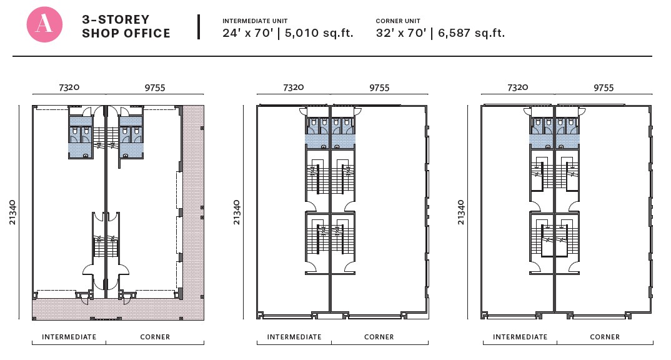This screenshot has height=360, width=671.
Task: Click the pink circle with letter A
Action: [x=44, y=24]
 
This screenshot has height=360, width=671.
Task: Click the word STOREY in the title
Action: [x=124, y=20]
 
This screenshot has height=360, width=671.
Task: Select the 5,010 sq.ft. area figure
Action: [x=319, y=33]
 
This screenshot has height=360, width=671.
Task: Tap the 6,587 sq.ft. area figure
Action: [x=471, y=33]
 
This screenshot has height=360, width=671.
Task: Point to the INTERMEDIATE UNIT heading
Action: [x=255, y=21]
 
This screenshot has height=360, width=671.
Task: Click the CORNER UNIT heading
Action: [x=398, y=21]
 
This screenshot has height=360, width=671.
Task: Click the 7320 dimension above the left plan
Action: [x=69, y=87]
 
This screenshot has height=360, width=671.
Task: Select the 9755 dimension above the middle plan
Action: [x=379, y=87]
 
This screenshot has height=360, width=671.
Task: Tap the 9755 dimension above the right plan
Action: [x=604, y=87]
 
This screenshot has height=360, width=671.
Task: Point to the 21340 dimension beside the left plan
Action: [x=12, y=212]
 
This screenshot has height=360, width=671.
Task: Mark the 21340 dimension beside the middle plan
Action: [x=237, y=212]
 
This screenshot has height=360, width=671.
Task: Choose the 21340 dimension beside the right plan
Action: [x=461, y=212]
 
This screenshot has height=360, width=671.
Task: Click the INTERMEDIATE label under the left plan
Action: [x=69, y=337]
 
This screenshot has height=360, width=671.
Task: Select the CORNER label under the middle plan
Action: [x=379, y=337]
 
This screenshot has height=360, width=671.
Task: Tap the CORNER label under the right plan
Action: [x=605, y=337]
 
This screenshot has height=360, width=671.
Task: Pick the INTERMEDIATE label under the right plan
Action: [x=520, y=337]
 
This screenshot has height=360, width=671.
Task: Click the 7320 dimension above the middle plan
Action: [x=294, y=87]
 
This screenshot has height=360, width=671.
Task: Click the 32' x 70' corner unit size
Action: [x=401, y=33]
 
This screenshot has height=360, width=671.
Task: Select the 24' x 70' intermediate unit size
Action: [x=248, y=33]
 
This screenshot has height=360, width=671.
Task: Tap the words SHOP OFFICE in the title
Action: [x=126, y=33]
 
